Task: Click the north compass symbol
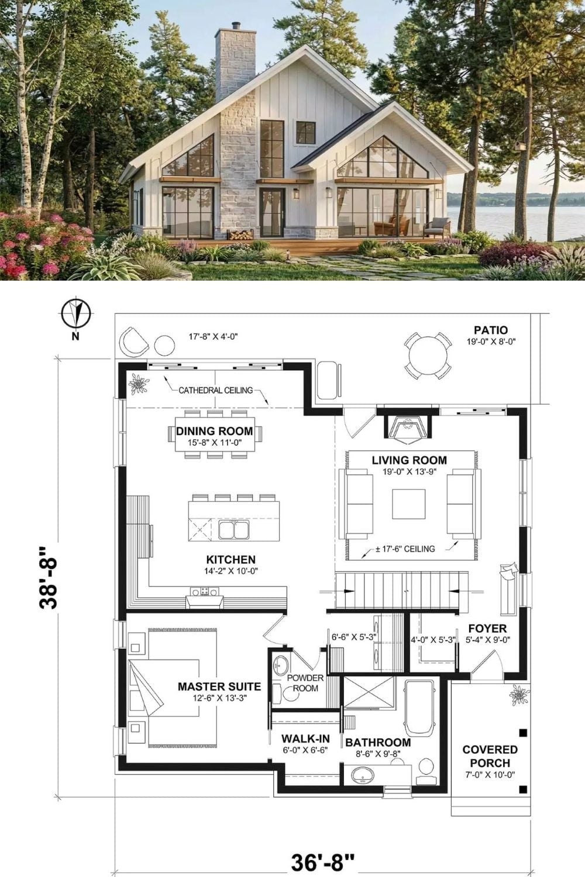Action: pyautogui.click(x=76, y=313)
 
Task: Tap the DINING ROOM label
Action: pyautogui.click(x=214, y=431)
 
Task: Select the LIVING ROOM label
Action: pyautogui.click(x=409, y=460)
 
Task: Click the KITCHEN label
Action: pyautogui.click(x=231, y=560)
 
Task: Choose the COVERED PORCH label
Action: pyautogui.click(x=490, y=756)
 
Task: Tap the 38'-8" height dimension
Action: pyautogui.click(x=49, y=578)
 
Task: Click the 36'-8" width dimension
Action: pyautogui.click(x=322, y=862)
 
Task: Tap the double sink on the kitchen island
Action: pyautogui.click(x=234, y=530)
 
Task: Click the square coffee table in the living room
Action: pyautogui.click(x=409, y=504)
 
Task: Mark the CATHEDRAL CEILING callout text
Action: pyautogui.click(x=215, y=391)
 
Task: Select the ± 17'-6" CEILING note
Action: pyautogui.click(x=405, y=549)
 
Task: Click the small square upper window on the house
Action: pyautogui.click(x=305, y=132)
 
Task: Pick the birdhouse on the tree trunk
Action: pyautogui.click(x=521, y=146)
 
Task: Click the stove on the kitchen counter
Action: pyautogui.click(x=205, y=591)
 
